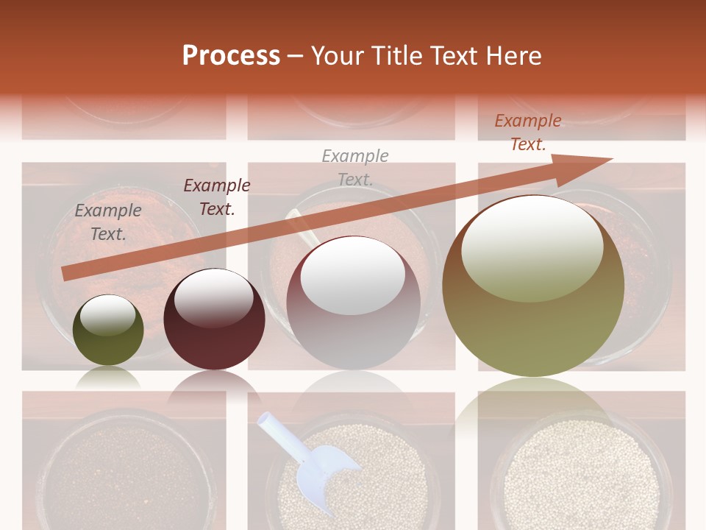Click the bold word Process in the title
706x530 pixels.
tap(231, 56)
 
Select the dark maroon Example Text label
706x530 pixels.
tap(217, 197)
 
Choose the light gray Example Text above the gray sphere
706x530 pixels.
tap(355, 167)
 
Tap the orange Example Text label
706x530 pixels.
tap(528, 132)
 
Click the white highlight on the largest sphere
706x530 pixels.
tap(532, 248)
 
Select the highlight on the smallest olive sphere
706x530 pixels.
tap(107, 315)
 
